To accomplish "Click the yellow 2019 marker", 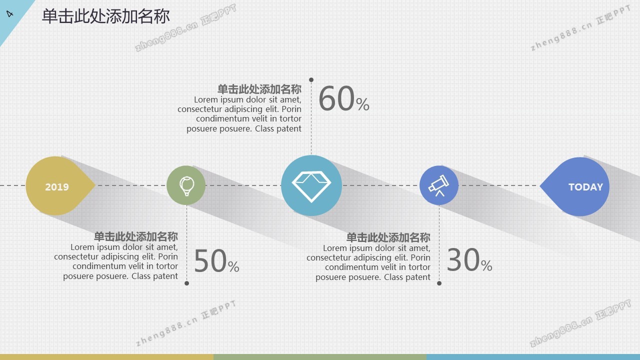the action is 57,185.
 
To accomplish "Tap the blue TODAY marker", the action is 577,186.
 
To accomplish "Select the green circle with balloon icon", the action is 186,185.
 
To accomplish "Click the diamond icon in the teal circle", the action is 311,186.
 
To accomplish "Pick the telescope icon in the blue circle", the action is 439,185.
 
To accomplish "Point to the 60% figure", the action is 343,98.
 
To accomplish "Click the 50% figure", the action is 216,261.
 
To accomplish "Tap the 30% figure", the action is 469,259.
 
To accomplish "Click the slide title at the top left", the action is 105,16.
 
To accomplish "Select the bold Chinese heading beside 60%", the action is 259,89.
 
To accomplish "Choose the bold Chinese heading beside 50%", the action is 136,236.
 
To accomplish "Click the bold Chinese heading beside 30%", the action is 388,237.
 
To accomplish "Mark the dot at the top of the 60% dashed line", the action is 311,79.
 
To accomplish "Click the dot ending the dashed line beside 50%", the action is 186,283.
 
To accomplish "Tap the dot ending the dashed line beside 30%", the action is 439,283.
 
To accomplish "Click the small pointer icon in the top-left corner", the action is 9,13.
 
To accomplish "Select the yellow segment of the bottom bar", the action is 106,357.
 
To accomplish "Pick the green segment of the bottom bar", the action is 320,357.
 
